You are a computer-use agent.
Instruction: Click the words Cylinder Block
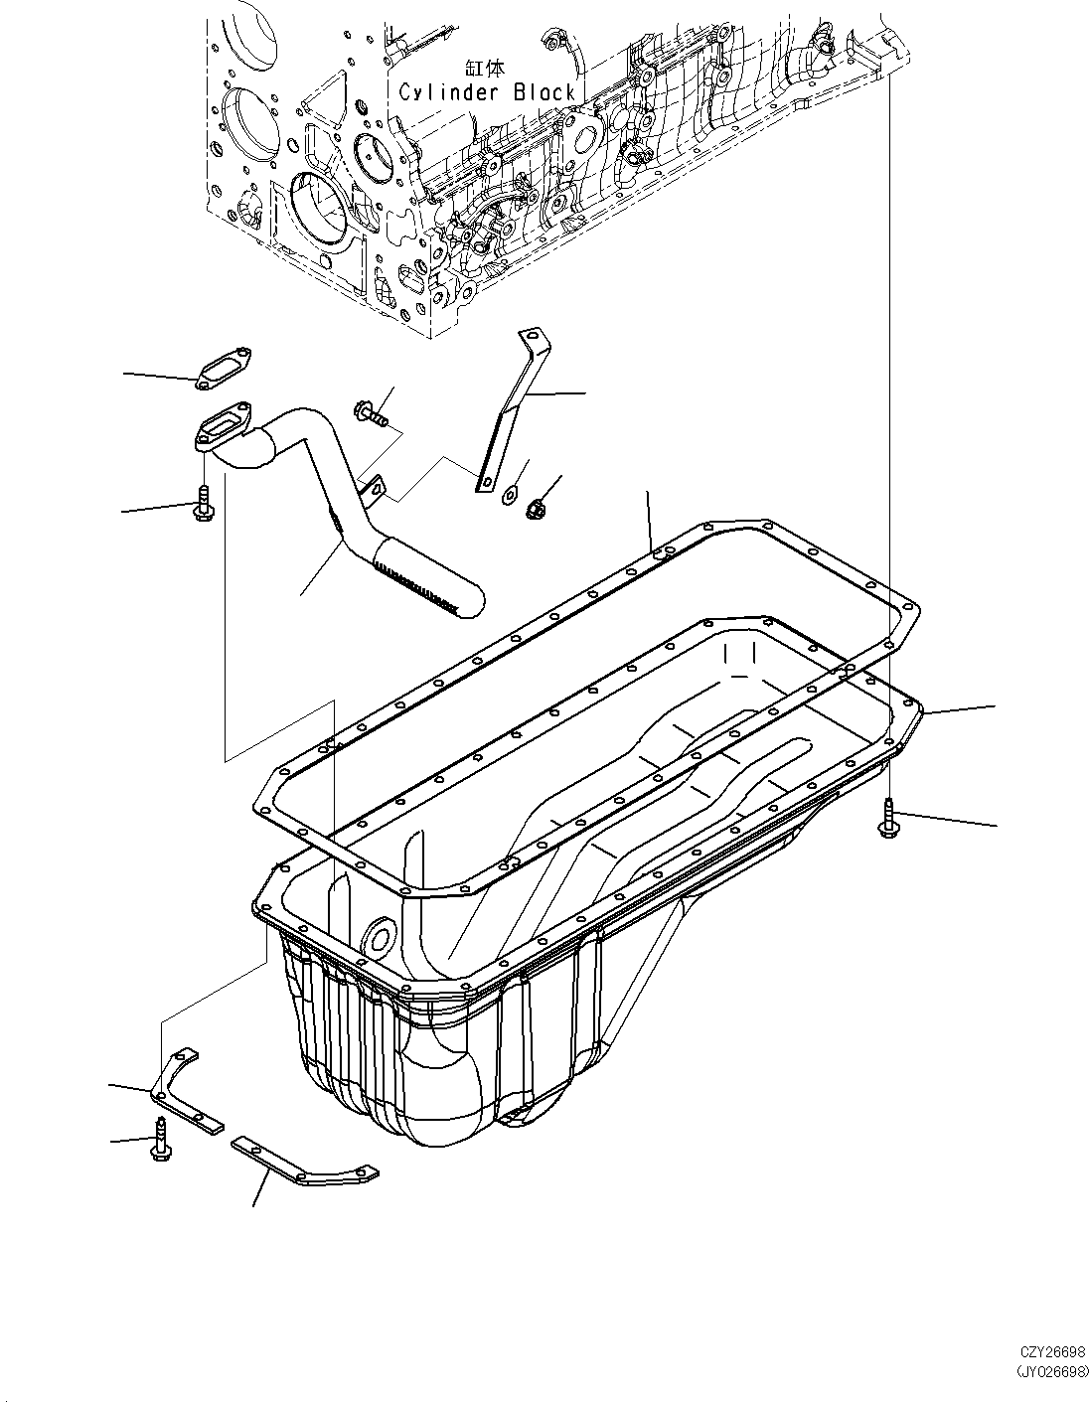click(x=487, y=92)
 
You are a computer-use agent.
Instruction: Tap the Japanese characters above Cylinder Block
click(x=486, y=69)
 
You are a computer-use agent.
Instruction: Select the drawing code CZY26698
click(x=1051, y=1352)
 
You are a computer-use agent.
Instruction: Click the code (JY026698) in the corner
click(x=1050, y=1370)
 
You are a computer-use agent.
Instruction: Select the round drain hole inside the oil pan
click(x=379, y=938)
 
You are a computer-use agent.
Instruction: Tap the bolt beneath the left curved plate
click(x=159, y=1139)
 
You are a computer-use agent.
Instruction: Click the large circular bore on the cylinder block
click(x=320, y=210)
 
